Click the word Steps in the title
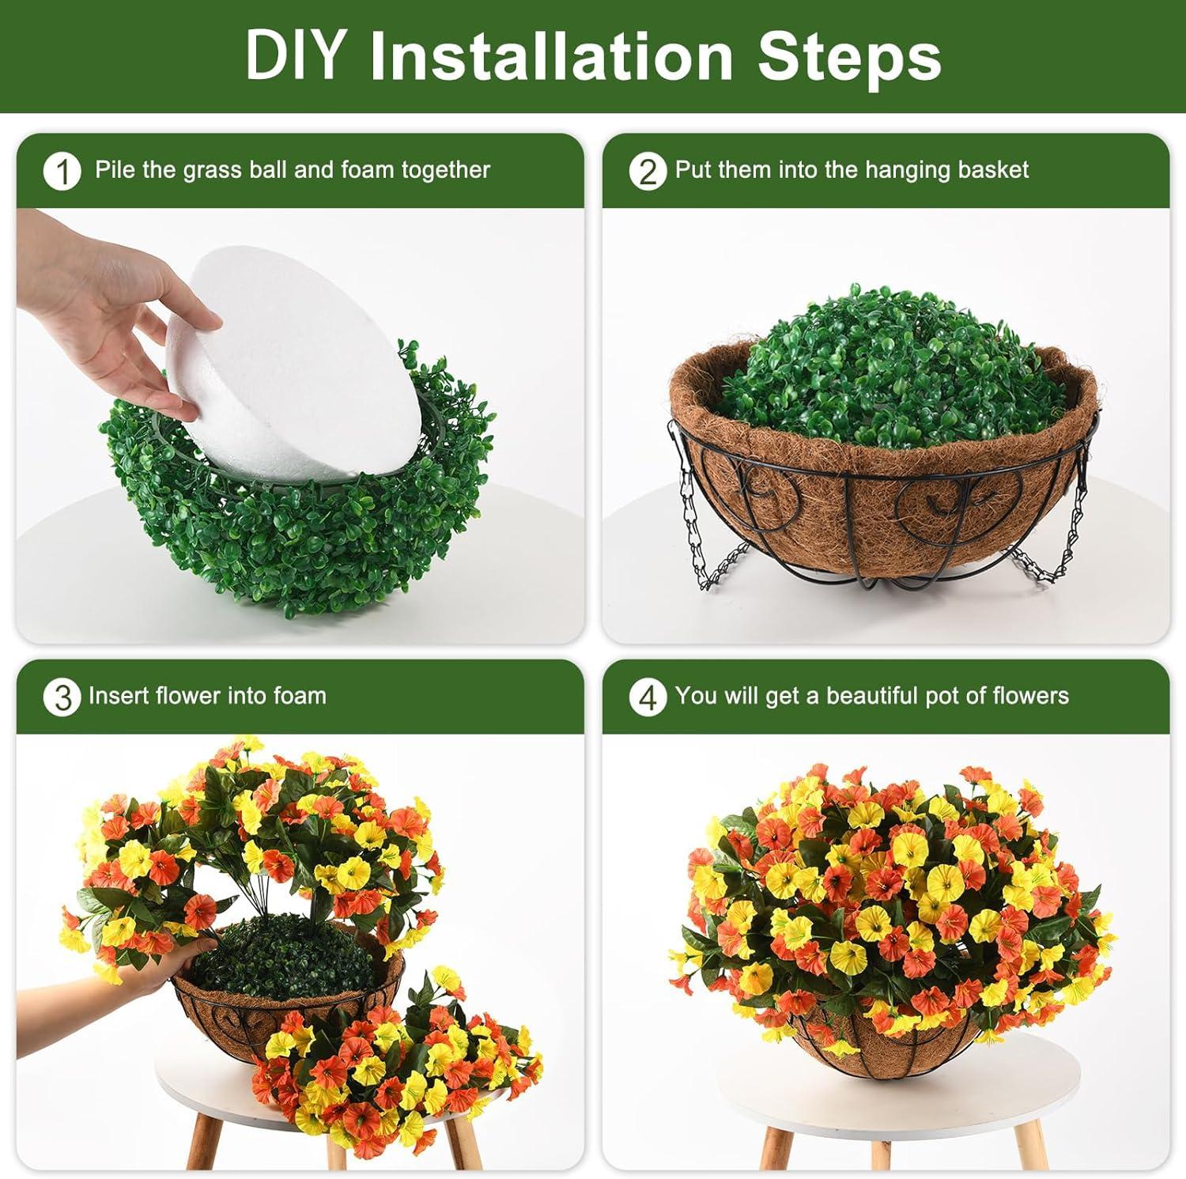tap(850, 57)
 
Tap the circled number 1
tap(62, 172)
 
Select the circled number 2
tap(648, 172)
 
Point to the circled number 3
tap(62, 697)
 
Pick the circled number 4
tap(648, 697)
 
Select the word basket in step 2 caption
tap(993, 169)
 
